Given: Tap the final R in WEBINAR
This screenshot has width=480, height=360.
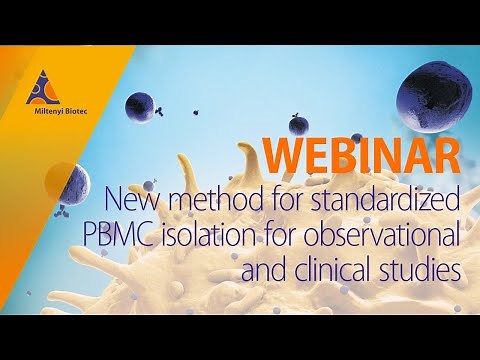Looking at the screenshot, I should pyautogui.click(x=447, y=153).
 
